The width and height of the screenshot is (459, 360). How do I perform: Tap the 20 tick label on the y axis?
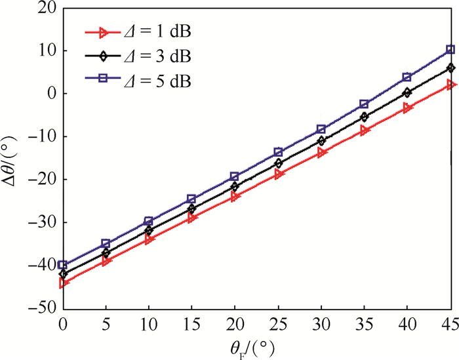[46, 9]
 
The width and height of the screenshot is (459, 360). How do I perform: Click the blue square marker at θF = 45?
[450, 49]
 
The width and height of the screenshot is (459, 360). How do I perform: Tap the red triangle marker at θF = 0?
[64, 283]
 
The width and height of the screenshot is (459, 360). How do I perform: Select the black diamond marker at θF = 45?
[450, 68]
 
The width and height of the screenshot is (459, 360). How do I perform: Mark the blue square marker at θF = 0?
[63, 265]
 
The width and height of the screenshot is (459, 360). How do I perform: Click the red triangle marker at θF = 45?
[450, 85]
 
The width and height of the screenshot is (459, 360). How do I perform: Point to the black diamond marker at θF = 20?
[235, 186]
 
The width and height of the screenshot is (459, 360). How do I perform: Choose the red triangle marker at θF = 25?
[279, 174]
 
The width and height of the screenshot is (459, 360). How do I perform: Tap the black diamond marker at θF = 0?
[63, 273]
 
